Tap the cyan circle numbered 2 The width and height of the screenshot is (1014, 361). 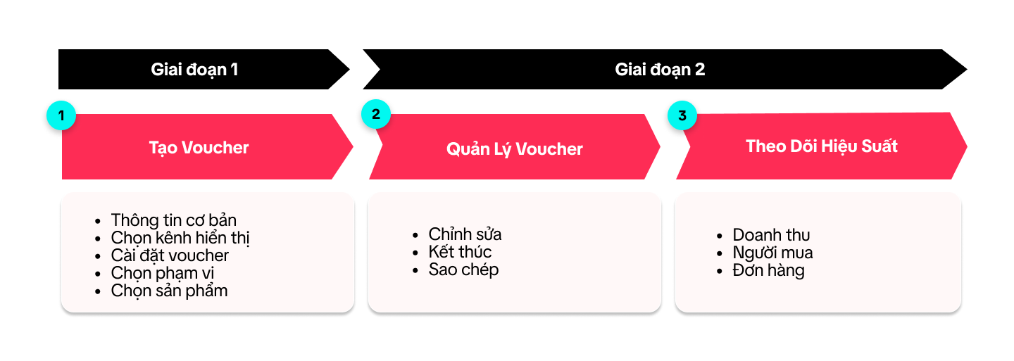tap(376, 115)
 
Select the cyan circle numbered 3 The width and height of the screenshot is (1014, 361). tap(681, 115)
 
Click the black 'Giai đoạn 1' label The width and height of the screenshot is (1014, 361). tap(194, 70)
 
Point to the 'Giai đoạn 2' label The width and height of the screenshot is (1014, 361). tap(660, 70)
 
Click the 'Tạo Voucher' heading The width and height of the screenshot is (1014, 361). tap(199, 148)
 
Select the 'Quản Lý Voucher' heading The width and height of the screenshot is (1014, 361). tap(515, 149)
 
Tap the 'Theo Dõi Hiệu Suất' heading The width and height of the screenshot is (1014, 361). tap(822, 146)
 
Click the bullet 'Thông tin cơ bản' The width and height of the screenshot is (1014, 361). tap(173, 220)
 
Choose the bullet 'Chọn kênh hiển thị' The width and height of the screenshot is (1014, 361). tap(180, 238)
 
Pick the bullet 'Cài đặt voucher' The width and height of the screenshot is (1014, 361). tap(170, 255)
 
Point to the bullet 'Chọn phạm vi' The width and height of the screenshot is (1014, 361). tap(163, 273)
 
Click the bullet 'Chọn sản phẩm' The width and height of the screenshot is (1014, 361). tap(169, 291)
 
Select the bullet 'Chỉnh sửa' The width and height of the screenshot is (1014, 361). tap(465, 234)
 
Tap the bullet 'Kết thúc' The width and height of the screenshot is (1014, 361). tap(460, 252)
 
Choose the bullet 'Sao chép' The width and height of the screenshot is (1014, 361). tap(463, 270)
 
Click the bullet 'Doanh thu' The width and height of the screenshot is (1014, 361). tap(771, 235)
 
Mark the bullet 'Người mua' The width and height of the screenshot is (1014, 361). tap(772, 253)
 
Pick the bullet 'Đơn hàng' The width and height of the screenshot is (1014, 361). tap(768, 270)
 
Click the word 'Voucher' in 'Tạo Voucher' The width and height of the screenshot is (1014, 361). tap(215, 148)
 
